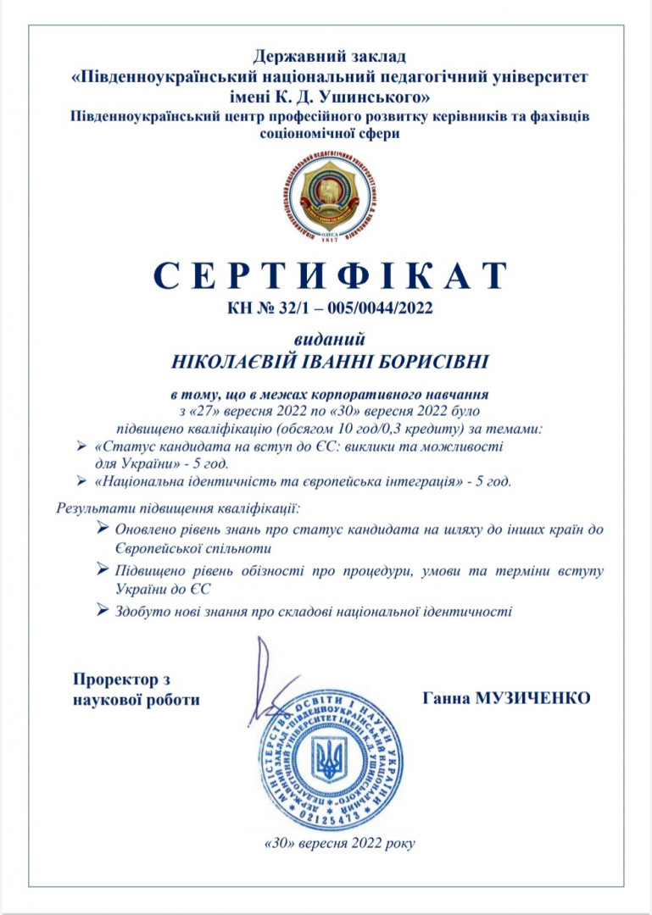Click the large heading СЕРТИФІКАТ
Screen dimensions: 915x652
click(x=331, y=276)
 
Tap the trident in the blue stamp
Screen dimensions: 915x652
click(x=328, y=757)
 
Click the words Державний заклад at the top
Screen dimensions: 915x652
click(x=330, y=58)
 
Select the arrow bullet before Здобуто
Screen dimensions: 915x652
click(x=103, y=609)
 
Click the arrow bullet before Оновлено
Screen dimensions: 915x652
click(x=103, y=529)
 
